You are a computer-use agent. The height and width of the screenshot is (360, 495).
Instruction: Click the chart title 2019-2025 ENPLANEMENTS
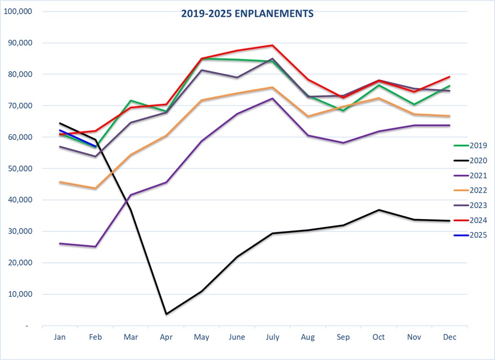pos(247,14)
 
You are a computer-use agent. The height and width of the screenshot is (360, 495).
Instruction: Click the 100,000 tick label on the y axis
pos(18,11)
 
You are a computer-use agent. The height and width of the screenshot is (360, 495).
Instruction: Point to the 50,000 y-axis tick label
pos(20,169)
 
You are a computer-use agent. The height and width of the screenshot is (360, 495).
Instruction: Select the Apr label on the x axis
pos(166,338)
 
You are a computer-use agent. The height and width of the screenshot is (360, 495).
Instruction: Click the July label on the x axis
pos(272,338)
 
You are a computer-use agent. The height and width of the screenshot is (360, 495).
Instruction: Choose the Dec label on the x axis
pos(450,338)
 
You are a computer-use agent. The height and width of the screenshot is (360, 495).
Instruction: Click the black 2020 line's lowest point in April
pos(166,314)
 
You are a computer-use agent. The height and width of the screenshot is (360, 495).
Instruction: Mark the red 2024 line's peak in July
pos(272,45)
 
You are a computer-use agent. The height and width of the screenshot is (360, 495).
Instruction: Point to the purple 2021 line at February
pos(96,246)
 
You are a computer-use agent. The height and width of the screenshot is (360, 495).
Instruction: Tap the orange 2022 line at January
pos(60,182)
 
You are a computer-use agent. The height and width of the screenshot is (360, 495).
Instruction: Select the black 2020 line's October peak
pos(379,210)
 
